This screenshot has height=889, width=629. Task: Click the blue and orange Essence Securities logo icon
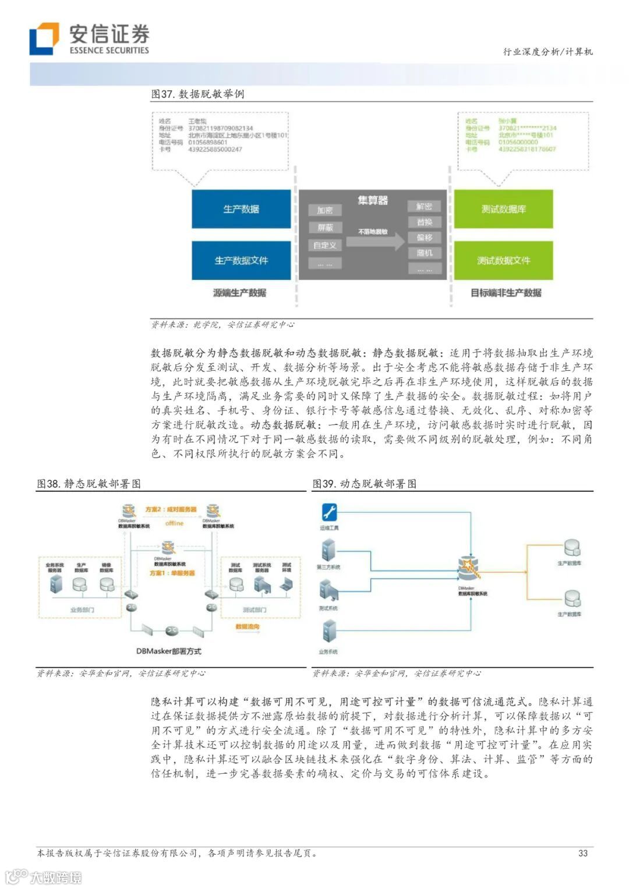pyautogui.click(x=44, y=38)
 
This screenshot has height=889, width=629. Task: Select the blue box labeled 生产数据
pyautogui.click(x=241, y=209)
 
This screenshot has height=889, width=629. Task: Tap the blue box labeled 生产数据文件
pyautogui.click(x=241, y=260)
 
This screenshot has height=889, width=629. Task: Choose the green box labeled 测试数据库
pyautogui.click(x=503, y=209)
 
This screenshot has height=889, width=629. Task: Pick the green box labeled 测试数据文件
pyautogui.click(x=503, y=260)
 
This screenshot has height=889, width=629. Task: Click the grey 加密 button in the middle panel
pyautogui.click(x=325, y=210)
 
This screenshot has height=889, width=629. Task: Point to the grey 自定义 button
pyautogui.click(x=325, y=245)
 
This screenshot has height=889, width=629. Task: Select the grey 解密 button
pyautogui.click(x=425, y=206)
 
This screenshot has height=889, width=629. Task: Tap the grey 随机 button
pyautogui.click(x=425, y=253)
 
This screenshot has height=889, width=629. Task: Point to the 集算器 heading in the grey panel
pyautogui.click(x=373, y=200)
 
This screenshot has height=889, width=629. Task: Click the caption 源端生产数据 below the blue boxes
pyautogui.click(x=239, y=293)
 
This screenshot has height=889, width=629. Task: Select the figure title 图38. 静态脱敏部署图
pyautogui.click(x=89, y=484)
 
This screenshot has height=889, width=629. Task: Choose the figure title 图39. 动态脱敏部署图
pyautogui.click(x=365, y=484)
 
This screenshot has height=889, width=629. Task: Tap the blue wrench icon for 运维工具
pyautogui.click(x=329, y=512)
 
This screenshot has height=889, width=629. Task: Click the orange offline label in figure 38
pyautogui.click(x=174, y=523)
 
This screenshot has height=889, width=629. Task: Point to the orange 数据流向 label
pyautogui.click(x=248, y=627)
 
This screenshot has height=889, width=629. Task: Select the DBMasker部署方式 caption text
pyautogui.click(x=169, y=651)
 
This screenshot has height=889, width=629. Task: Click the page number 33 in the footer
pyautogui.click(x=583, y=853)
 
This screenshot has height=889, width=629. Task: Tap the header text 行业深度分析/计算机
pyautogui.click(x=548, y=52)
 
